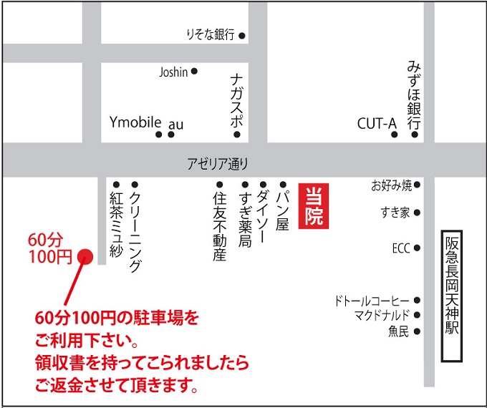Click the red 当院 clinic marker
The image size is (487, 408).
point(316,207)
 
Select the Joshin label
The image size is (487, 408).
point(173,72)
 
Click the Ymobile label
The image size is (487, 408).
point(135,122)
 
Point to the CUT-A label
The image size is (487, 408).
point(377,124)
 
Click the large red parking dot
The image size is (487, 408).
point(85,256)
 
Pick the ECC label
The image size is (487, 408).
point(400,248)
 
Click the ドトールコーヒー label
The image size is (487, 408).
point(371,301)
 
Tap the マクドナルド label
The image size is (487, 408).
point(381,315)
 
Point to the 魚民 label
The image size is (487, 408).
point(398,331)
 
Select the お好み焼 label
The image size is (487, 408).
point(392,186)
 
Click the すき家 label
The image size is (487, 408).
point(396,213)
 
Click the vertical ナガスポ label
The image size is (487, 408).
point(236,100)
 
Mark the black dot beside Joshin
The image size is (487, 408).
point(194,72)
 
